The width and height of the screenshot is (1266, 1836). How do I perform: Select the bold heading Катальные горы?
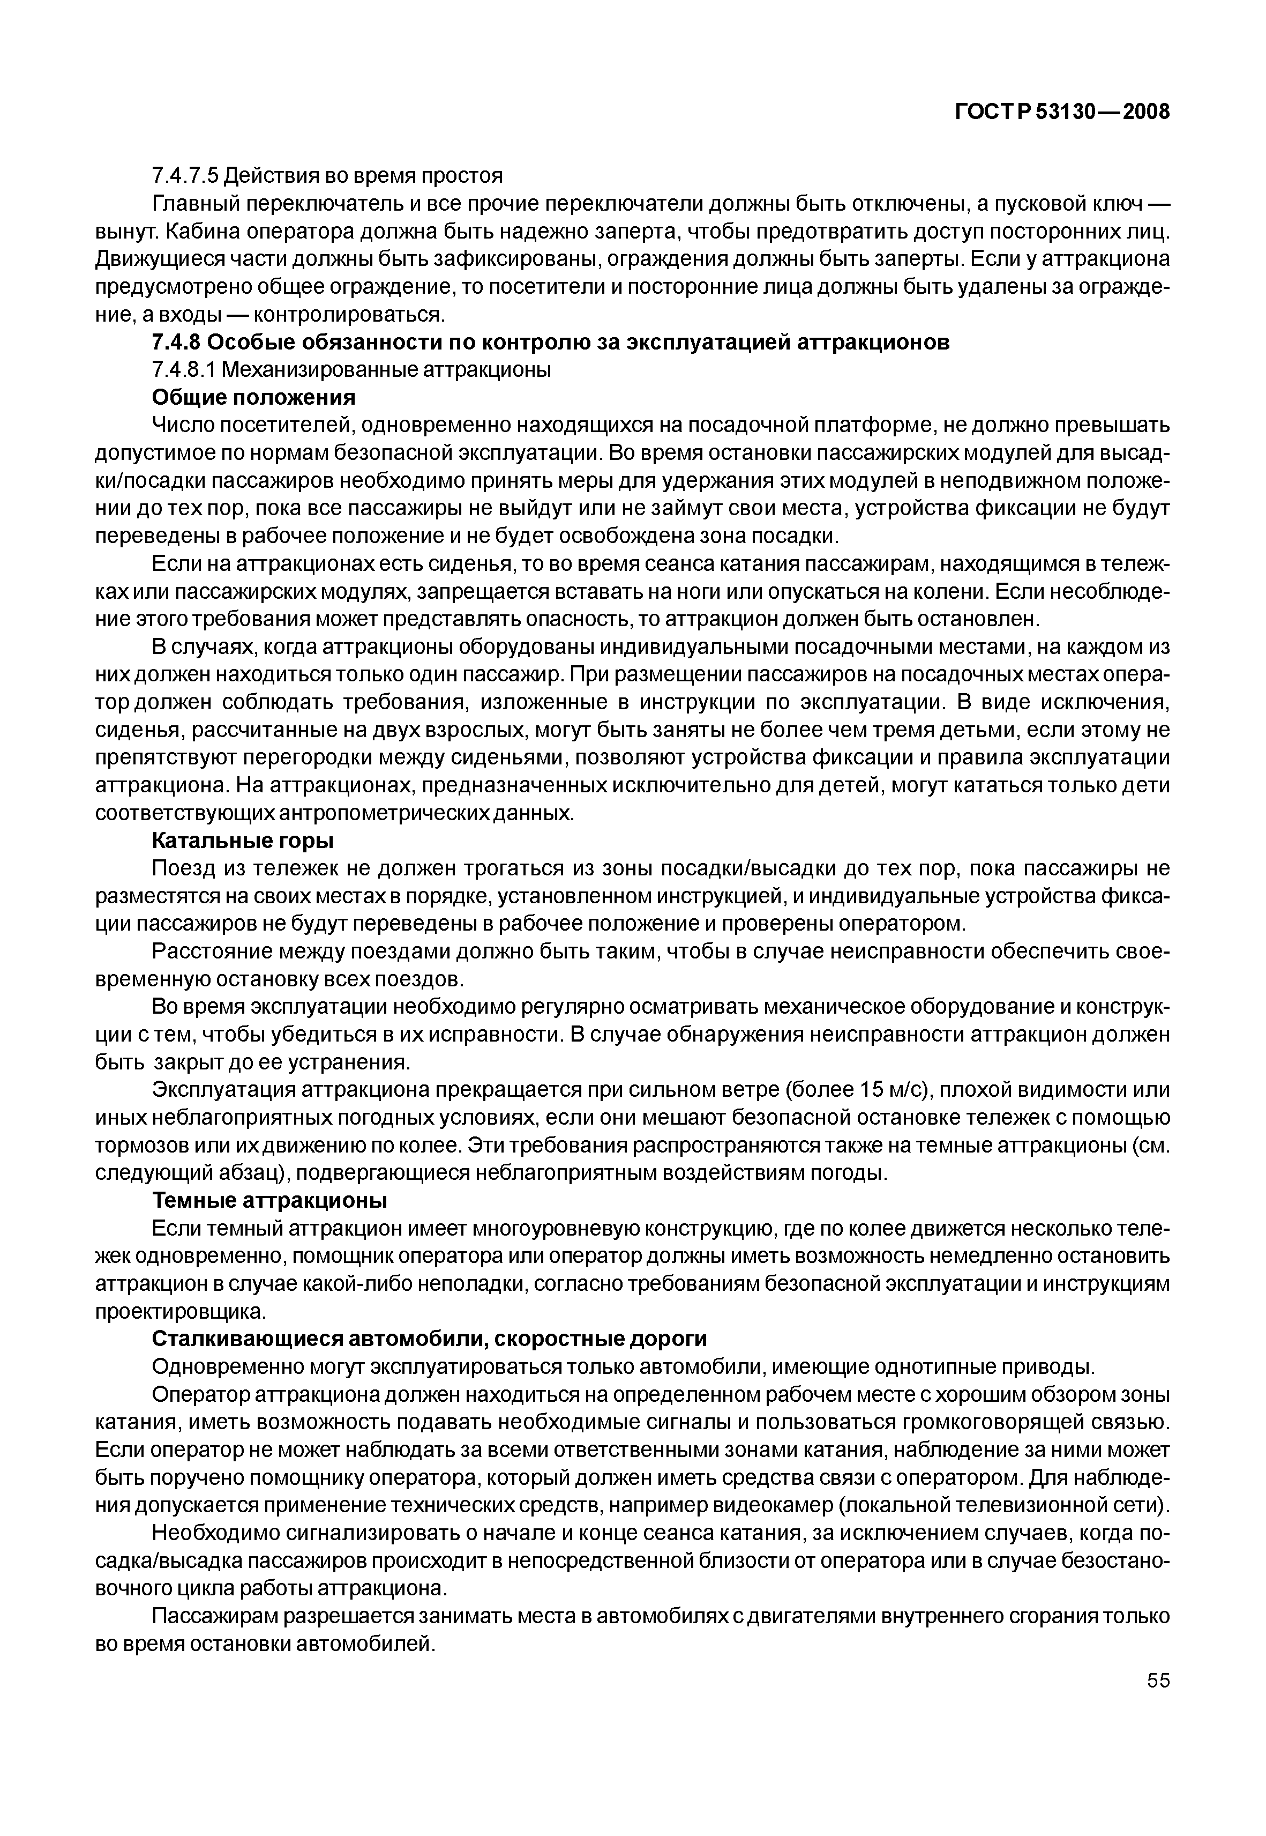coord(242,840)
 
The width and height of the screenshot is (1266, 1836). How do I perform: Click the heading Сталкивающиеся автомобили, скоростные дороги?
coord(429,1339)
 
